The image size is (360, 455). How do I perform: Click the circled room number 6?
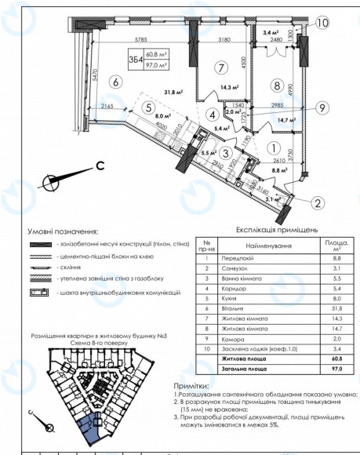tap(115, 80)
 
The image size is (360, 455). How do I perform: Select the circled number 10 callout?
tap(322, 23)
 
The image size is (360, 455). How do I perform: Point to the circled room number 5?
tap(146, 108)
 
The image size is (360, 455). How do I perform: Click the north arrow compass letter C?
tap(100, 166)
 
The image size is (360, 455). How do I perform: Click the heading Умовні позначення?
tap(63, 232)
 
